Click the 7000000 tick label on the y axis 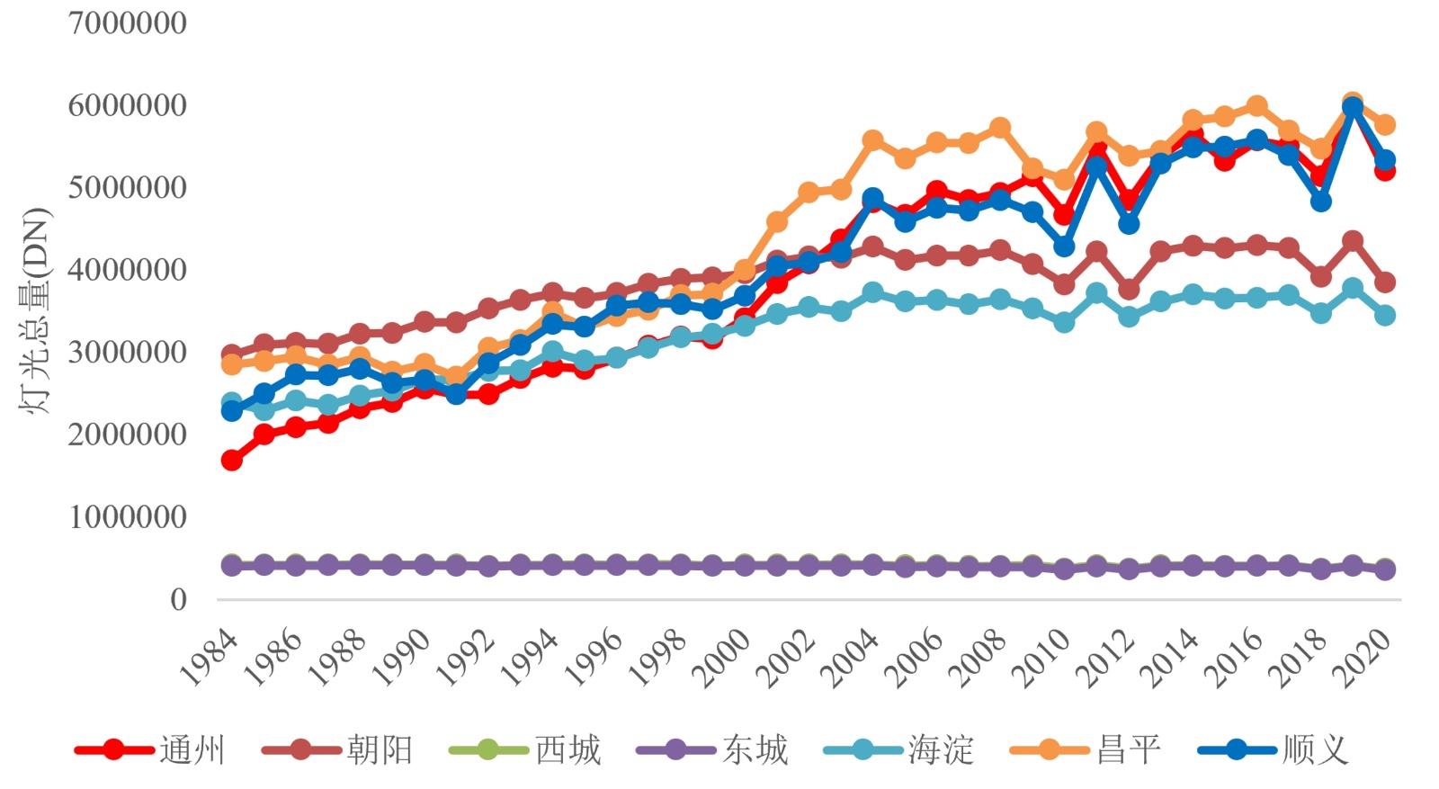pyautogui.click(x=127, y=22)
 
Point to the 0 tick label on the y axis pyautogui.click(x=178, y=599)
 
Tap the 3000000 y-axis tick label pyautogui.click(x=127, y=352)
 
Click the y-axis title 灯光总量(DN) pyautogui.click(x=34, y=311)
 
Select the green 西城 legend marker pyautogui.click(x=487, y=749)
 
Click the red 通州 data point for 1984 pyautogui.click(x=231, y=460)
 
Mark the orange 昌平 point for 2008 pyautogui.click(x=1000, y=128)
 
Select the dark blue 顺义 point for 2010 pyautogui.click(x=1064, y=246)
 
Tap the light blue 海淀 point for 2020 pyautogui.click(x=1385, y=315)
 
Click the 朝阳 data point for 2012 pyautogui.click(x=1129, y=289)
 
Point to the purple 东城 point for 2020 pyautogui.click(x=1385, y=569)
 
